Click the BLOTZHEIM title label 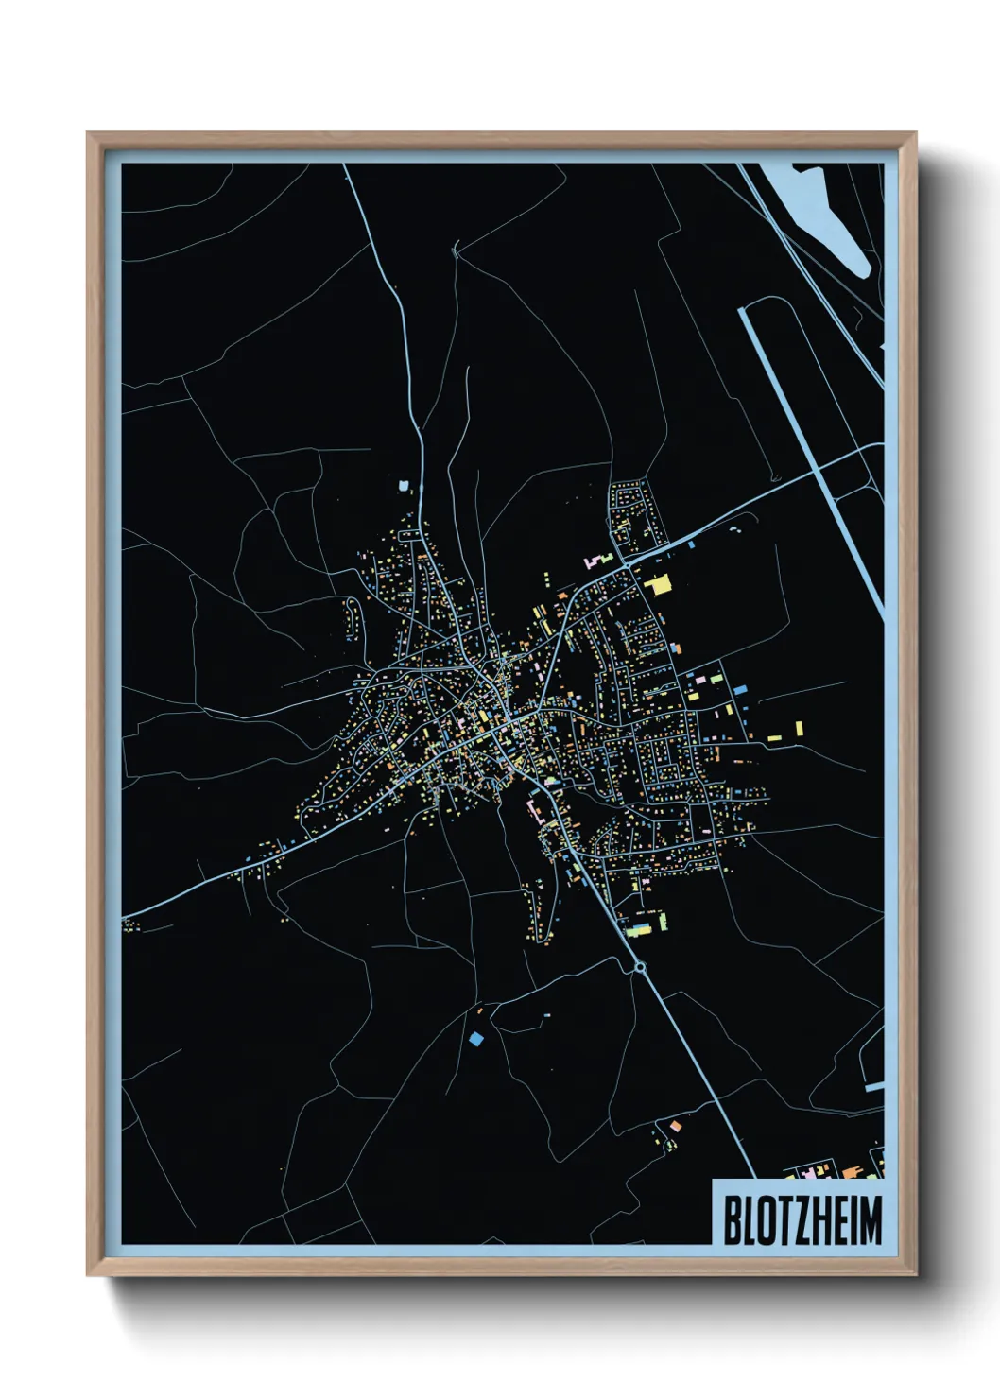tap(802, 1219)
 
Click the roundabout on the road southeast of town tap(640, 966)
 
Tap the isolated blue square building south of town tap(475, 1039)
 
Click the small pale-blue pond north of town tap(405, 486)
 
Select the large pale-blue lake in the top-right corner tap(832, 217)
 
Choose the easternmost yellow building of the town tap(800, 729)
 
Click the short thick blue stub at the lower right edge tap(874, 1087)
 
